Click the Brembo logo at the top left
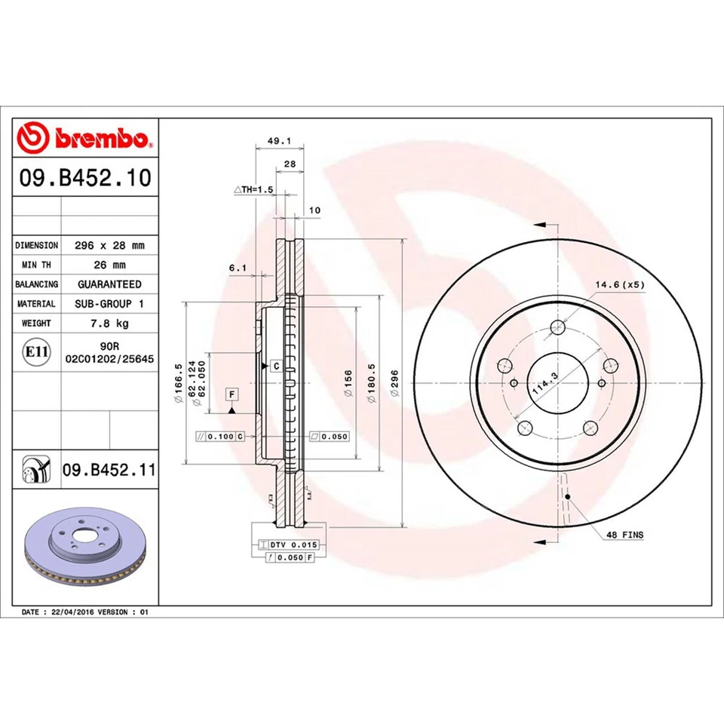[85, 139]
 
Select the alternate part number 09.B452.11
[109, 471]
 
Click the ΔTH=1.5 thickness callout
[252, 189]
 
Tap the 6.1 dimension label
[238, 267]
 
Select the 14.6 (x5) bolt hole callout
[620, 284]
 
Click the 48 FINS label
[625, 534]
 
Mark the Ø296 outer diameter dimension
[394, 385]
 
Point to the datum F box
[231, 394]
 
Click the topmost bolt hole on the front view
[557, 327]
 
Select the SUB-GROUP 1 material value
[109, 303]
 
